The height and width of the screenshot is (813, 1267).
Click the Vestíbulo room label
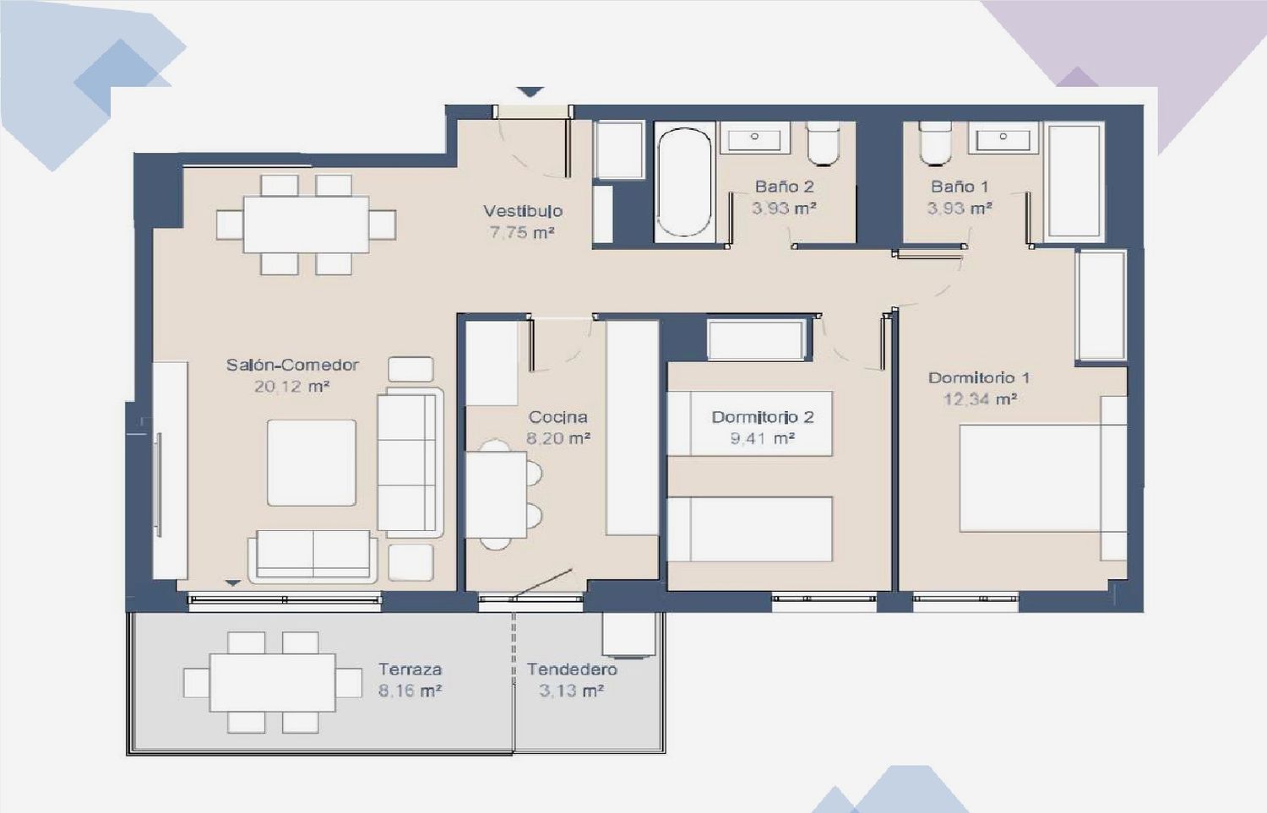pyautogui.click(x=523, y=211)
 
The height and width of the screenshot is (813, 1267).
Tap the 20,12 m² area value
pyautogui.click(x=292, y=387)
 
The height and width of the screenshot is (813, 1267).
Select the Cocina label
pyautogui.click(x=557, y=417)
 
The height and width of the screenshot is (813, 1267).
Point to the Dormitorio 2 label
pyautogui.click(x=763, y=417)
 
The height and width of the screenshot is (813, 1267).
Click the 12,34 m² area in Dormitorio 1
pyautogui.click(x=980, y=399)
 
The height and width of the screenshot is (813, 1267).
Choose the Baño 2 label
pyautogui.click(x=784, y=187)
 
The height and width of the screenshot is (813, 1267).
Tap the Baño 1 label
pyautogui.click(x=960, y=187)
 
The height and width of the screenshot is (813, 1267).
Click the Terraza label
pyautogui.click(x=410, y=669)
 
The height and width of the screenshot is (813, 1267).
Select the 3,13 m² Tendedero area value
pyautogui.click(x=571, y=691)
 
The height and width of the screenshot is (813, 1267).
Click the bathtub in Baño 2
pyautogui.click(x=684, y=182)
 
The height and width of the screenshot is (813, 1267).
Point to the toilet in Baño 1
pyautogui.click(x=936, y=144)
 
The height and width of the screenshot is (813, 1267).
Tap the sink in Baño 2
pyautogui.click(x=754, y=138)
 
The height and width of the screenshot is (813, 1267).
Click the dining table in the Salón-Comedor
pyautogui.click(x=306, y=225)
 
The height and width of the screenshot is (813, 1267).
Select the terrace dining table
pyautogui.click(x=272, y=682)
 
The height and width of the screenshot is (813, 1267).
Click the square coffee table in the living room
pyautogui.click(x=312, y=463)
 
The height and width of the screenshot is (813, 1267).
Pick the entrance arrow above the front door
pyautogui.click(x=530, y=91)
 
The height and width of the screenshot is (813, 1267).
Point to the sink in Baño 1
pyautogui.click(x=1003, y=138)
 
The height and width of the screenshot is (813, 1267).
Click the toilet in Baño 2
pyautogui.click(x=823, y=144)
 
